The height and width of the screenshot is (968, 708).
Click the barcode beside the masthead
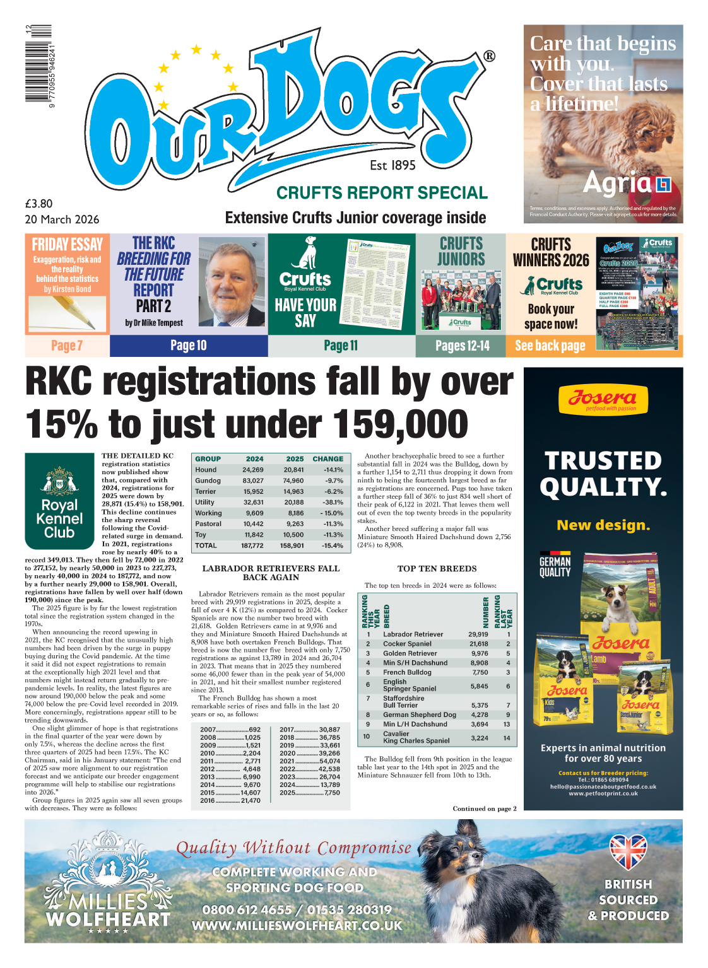point(38,64)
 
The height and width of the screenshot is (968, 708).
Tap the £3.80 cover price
point(39,204)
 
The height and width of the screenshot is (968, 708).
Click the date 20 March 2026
point(62,219)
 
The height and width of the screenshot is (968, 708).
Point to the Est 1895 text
point(392,165)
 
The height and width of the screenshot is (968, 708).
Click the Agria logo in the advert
point(626,184)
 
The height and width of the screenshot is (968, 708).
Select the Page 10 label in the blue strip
point(188,346)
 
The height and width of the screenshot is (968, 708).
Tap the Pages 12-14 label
point(462,346)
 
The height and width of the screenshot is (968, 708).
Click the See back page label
point(550,346)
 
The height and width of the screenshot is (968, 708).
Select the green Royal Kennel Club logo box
point(59,501)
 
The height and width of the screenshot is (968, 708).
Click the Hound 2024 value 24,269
point(253,470)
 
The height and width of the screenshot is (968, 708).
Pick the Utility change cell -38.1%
point(333,503)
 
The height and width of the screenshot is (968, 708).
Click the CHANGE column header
point(328,459)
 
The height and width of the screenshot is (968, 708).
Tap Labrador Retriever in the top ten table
point(413,634)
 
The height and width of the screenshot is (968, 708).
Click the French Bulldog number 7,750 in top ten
point(480,672)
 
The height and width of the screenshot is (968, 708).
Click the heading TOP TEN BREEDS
point(437,569)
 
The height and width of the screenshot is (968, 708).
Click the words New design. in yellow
point(603,525)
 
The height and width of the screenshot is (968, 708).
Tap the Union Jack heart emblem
point(628,851)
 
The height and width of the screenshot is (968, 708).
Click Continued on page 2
point(484,808)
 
